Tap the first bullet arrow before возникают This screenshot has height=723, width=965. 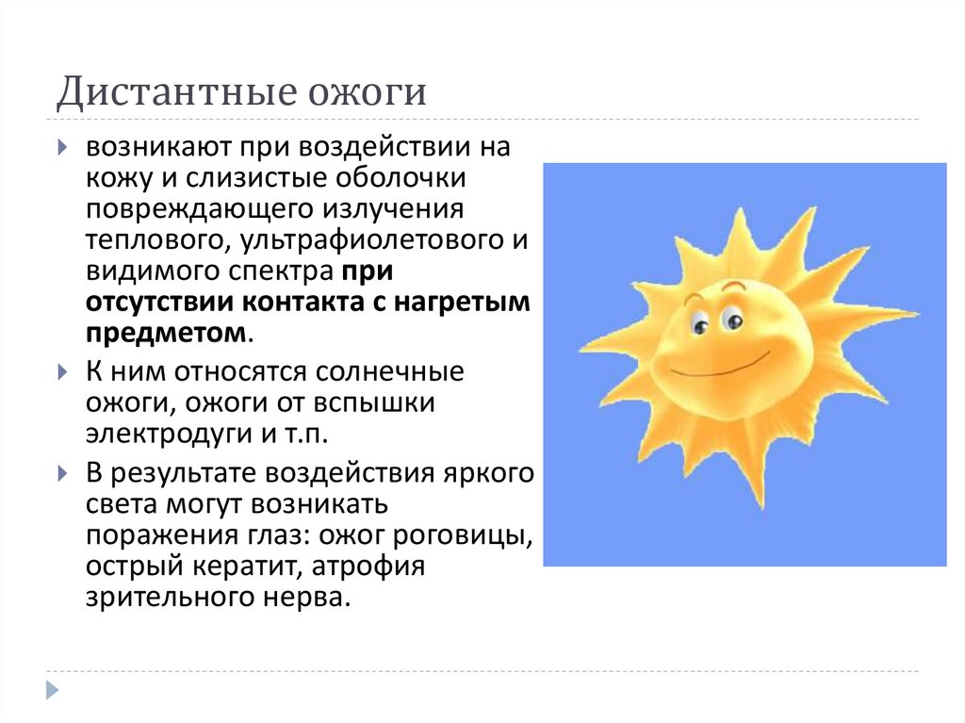point(61,148)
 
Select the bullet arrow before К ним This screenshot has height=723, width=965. point(61,371)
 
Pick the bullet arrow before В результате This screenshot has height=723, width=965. point(61,471)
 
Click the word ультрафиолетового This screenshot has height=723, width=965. point(368,240)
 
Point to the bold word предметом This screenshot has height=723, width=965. point(168,334)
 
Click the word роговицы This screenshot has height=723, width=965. point(463,535)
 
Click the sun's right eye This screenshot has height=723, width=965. point(731,320)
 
